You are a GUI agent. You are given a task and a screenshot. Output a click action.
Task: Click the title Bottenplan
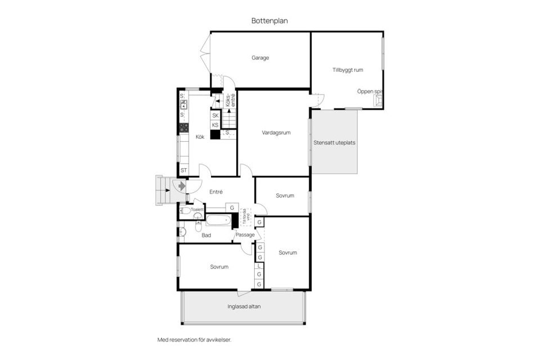coord(270,20)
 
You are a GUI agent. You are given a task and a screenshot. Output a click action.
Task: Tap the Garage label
coord(260,57)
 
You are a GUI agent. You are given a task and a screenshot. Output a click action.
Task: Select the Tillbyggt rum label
coord(347,70)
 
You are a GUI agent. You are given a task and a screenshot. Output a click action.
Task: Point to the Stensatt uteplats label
coord(334,142)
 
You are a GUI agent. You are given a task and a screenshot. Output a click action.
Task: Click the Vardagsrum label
coord(276,133)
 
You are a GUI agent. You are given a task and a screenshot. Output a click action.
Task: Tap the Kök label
coord(200,137)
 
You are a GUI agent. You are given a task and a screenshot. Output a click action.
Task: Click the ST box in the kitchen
coord(183,170)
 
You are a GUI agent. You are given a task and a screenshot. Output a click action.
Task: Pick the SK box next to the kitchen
coord(215,115)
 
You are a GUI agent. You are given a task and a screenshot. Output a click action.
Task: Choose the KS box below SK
coord(215,125)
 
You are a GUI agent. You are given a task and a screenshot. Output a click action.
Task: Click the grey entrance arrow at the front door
coord(181,185)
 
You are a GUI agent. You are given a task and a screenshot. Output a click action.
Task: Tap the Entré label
coord(216,192)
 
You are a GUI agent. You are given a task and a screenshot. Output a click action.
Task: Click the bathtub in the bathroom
coord(218,220)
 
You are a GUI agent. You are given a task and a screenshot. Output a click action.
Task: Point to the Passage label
coord(245,235)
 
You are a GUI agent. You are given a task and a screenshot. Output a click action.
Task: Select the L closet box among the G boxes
coord(259,266)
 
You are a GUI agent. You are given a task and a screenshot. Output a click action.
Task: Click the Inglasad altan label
coord(244,307)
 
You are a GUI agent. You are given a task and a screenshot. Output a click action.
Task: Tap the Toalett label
coord(197,209)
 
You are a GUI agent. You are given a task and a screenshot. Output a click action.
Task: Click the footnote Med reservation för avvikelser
coord(194,340)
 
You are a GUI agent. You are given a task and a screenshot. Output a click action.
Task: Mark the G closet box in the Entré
coord(232,208)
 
